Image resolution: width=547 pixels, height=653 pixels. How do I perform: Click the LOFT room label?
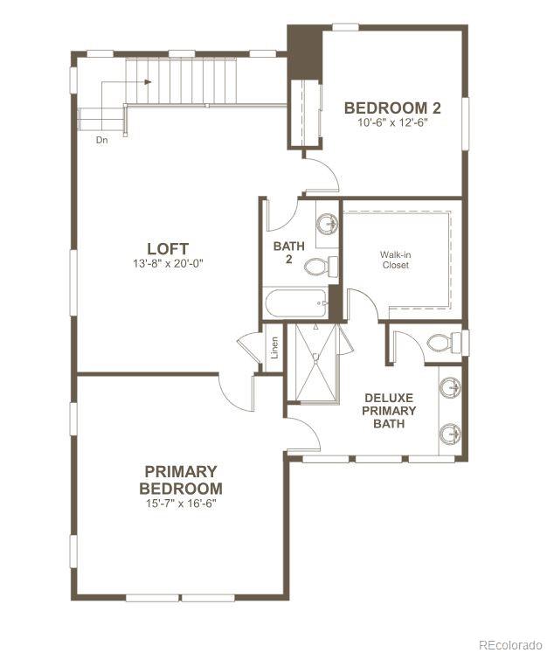click(x=168, y=248)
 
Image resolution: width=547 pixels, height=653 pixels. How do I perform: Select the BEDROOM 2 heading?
click(x=391, y=108)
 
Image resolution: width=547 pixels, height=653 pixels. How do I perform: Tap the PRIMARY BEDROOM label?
click(x=181, y=480)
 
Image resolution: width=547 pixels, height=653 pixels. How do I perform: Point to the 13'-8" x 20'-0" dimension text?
click(x=168, y=263)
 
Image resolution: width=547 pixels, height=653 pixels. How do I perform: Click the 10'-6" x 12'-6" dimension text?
click(x=391, y=122)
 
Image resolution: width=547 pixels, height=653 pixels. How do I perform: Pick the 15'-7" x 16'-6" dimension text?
click(x=181, y=504)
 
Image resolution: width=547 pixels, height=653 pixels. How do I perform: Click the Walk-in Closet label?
click(x=394, y=261)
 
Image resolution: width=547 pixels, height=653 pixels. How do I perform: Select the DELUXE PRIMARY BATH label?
click(x=389, y=410)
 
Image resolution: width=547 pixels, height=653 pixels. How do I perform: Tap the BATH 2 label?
click(x=288, y=253)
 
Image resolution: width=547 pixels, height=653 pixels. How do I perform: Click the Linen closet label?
click(x=274, y=348)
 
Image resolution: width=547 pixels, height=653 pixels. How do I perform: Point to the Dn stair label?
click(x=102, y=139)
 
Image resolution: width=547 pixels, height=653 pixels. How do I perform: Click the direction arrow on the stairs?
click(x=144, y=82)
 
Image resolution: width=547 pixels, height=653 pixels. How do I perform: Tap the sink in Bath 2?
click(x=327, y=223)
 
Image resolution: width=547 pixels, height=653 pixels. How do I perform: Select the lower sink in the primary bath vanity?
click(x=449, y=431)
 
